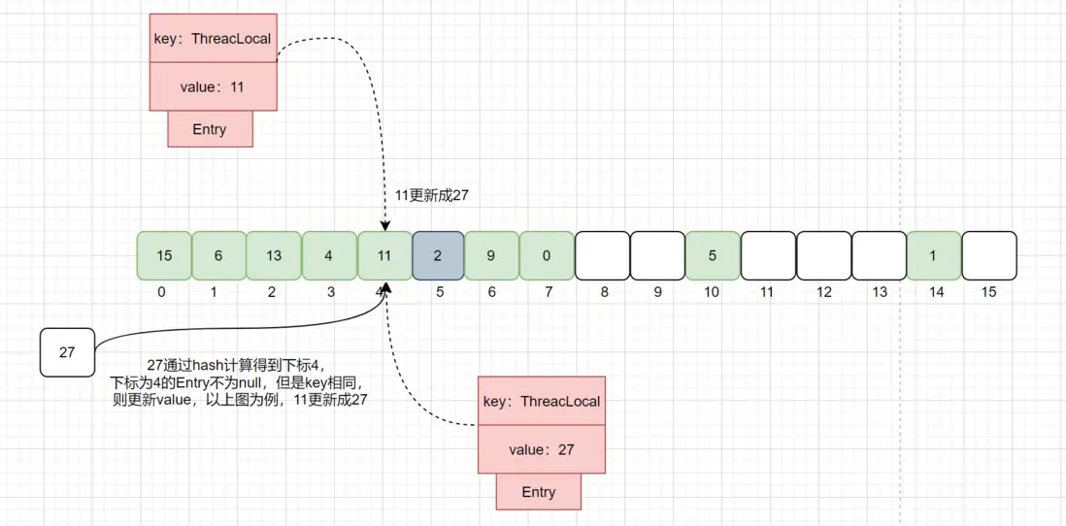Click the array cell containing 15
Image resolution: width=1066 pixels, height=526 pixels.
(x=164, y=256)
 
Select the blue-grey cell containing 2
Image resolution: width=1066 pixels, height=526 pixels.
(x=438, y=256)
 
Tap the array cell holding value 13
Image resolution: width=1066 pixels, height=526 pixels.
(x=274, y=256)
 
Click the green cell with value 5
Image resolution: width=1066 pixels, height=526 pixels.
(x=712, y=256)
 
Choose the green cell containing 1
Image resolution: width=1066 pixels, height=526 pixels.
(x=934, y=256)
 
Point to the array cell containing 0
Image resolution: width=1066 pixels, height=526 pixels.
(x=547, y=256)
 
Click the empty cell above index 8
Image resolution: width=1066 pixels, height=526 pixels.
(x=602, y=256)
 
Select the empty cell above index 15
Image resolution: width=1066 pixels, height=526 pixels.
(x=989, y=256)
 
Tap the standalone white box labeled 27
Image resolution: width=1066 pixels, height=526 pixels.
(x=67, y=352)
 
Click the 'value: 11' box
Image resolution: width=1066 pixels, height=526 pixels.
(x=213, y=87)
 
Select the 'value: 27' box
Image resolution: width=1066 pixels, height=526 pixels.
(x=541, y=450)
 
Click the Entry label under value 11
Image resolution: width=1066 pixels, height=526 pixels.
(x=210, y=129)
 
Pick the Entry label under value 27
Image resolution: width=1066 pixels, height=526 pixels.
(x=538, y=492)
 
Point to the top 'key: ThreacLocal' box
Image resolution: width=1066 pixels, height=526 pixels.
(x=213, y=40)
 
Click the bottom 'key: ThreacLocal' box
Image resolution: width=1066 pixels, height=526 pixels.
(x=541, y=402)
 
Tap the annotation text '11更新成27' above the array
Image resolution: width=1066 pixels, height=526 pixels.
(x=431, y=195)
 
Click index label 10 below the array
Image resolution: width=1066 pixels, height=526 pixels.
(x=712, y=292)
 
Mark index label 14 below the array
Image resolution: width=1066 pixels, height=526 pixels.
(x=934, y=292)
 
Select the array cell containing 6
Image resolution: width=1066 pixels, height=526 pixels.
(x=218, y=256)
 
